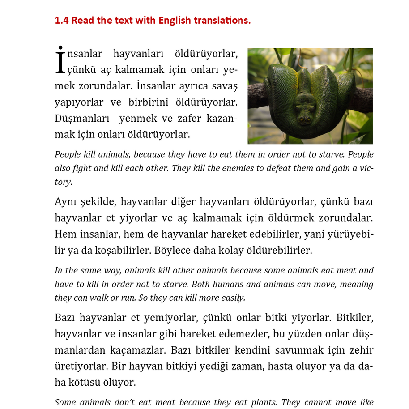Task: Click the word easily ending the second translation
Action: click(x=233, y=298)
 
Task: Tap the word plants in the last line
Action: click(x=263, y=402)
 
